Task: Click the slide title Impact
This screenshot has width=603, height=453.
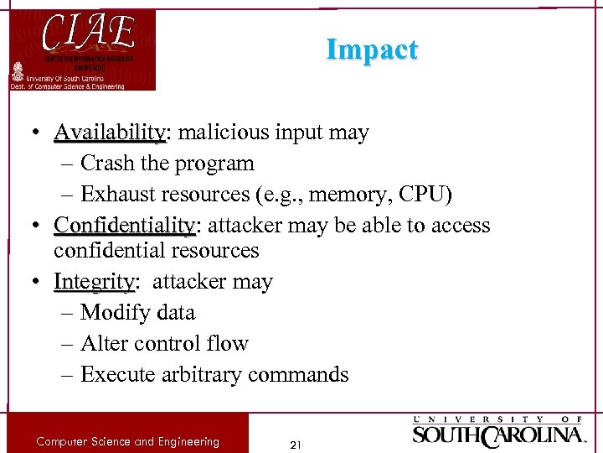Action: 372,50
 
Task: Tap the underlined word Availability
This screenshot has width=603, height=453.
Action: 111,133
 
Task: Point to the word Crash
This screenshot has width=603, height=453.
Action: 113,164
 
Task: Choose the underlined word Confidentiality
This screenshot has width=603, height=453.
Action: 124,226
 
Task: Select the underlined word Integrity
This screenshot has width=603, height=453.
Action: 94,281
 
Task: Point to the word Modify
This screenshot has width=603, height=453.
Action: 116,312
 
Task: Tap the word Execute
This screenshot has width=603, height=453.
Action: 120,374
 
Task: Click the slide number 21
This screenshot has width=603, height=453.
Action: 295,445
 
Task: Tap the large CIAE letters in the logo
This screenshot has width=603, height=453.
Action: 88,34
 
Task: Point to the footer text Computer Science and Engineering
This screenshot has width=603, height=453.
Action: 127,441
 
